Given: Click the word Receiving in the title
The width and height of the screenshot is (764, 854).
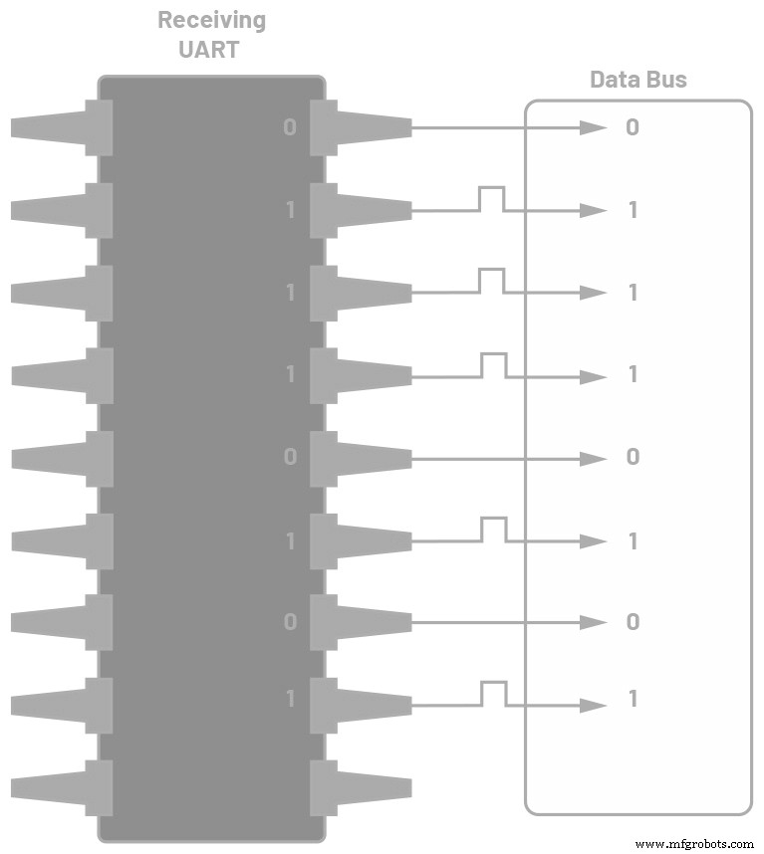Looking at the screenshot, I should (x=211, y=20).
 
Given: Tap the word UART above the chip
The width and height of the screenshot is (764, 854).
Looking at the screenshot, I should (x=211, y=49).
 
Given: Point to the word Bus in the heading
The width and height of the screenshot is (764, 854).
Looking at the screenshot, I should (x=664, y=80).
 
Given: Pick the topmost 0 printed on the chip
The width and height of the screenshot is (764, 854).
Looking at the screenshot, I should (x=290, y=127).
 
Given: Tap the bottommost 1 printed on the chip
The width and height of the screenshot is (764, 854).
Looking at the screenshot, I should (x=291, y=699).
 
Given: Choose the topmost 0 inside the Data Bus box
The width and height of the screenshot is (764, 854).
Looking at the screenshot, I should (x=633, y=127).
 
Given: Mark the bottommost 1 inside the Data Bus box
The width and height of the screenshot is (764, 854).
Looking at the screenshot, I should (x=633, y=699).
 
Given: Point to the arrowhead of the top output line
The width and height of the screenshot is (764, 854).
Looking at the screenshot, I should (x=595, y=127).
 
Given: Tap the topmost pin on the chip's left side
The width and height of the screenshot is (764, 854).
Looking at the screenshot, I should (x=60, y=127).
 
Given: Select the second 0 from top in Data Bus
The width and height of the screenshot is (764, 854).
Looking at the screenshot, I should (x=633, y=457).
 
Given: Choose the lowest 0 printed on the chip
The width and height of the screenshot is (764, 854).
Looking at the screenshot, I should (x=290, y=622).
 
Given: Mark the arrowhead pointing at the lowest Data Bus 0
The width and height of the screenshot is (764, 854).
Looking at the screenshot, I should (x=595, y=622).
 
